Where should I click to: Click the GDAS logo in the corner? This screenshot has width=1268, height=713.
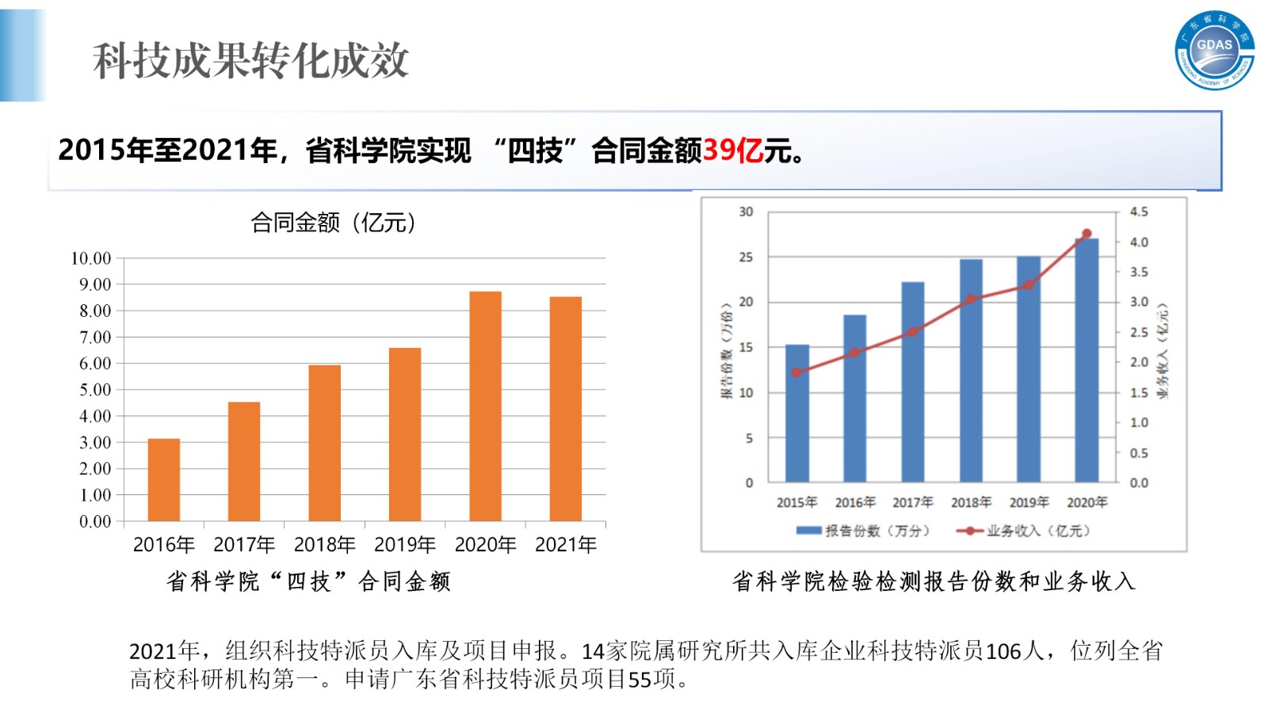[x=1214, y=51]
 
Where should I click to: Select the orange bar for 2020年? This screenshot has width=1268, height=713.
[x=485, y=406]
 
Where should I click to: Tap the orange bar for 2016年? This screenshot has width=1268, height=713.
[x=163, y=479]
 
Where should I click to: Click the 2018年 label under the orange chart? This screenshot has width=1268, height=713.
[x=324, y=545]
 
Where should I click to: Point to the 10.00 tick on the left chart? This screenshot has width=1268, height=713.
[x=91, y=258]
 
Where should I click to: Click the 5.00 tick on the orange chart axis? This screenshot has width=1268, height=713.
[x=95, y=390]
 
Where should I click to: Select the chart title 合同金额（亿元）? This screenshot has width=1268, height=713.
[x=333, y=223]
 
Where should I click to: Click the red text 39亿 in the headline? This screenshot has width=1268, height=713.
[x=733, y=150]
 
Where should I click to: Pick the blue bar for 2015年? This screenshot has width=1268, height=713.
[x=797, y=414]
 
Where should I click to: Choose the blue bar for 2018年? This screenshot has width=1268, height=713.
[x=971, y=371]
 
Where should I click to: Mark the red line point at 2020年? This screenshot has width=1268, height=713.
[x=1087, y=234]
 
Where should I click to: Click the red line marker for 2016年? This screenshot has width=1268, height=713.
[x=854, y=353]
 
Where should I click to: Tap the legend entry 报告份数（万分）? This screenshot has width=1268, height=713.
[x=864, y=531]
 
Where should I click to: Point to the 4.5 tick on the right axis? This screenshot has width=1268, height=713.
[x=1139, y=212]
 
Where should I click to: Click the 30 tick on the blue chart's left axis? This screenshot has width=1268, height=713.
[x=746, y=212]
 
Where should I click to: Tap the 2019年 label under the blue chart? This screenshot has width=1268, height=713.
[x=1029, y=502]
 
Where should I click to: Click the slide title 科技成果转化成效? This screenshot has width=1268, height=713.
[x=250, y=60]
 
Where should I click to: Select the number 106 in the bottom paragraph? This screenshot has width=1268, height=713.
[x=1003, y=651]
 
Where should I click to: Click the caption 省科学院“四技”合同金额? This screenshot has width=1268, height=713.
[x=308, y=581]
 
